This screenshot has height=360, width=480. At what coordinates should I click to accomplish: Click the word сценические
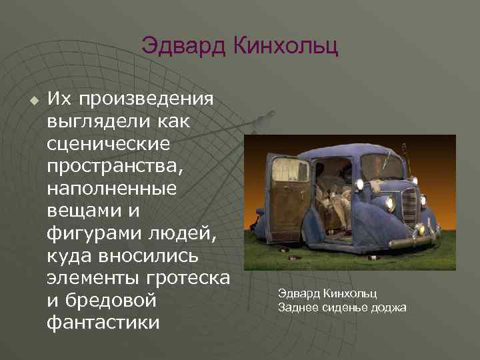109,144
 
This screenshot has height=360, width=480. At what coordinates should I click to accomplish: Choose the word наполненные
111,189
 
